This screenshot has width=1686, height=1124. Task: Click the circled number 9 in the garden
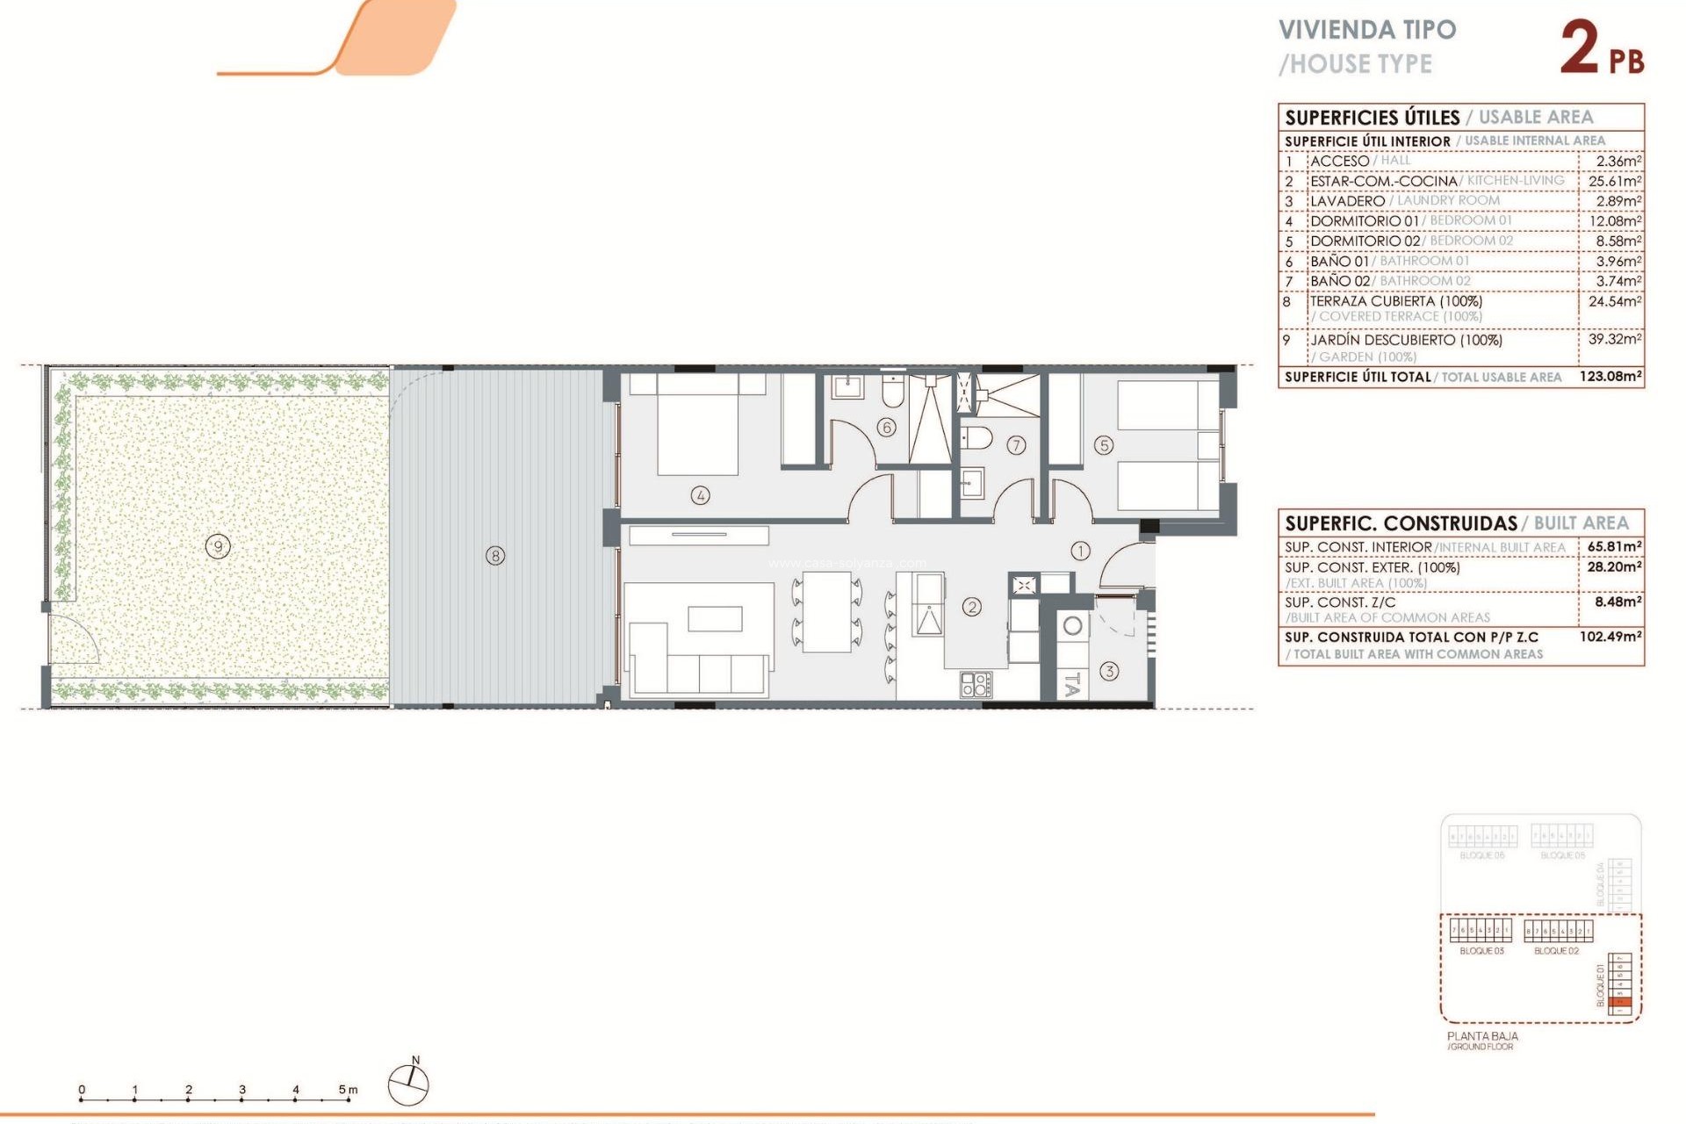218,546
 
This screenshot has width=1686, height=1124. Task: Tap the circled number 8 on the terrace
495,555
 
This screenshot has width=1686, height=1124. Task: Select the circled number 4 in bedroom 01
700,495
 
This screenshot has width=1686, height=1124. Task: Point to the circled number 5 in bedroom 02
1104,445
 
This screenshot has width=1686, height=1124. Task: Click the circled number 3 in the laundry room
1109,671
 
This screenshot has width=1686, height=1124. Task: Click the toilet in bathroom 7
976,437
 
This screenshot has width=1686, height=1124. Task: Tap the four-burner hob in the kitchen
976,684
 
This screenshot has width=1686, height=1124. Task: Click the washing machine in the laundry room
1072,627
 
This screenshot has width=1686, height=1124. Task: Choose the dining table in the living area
826,611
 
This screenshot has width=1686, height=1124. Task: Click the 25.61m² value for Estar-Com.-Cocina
1614,181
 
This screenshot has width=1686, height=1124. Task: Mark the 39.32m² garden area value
1614,339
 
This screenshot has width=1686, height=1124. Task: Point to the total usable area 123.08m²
1610,377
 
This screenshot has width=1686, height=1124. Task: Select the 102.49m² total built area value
1610,637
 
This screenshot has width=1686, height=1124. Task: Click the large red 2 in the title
1579,48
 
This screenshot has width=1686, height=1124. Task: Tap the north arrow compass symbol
408,1083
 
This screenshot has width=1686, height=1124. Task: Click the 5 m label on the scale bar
348,1090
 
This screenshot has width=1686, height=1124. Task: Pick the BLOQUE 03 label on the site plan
1481,951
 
